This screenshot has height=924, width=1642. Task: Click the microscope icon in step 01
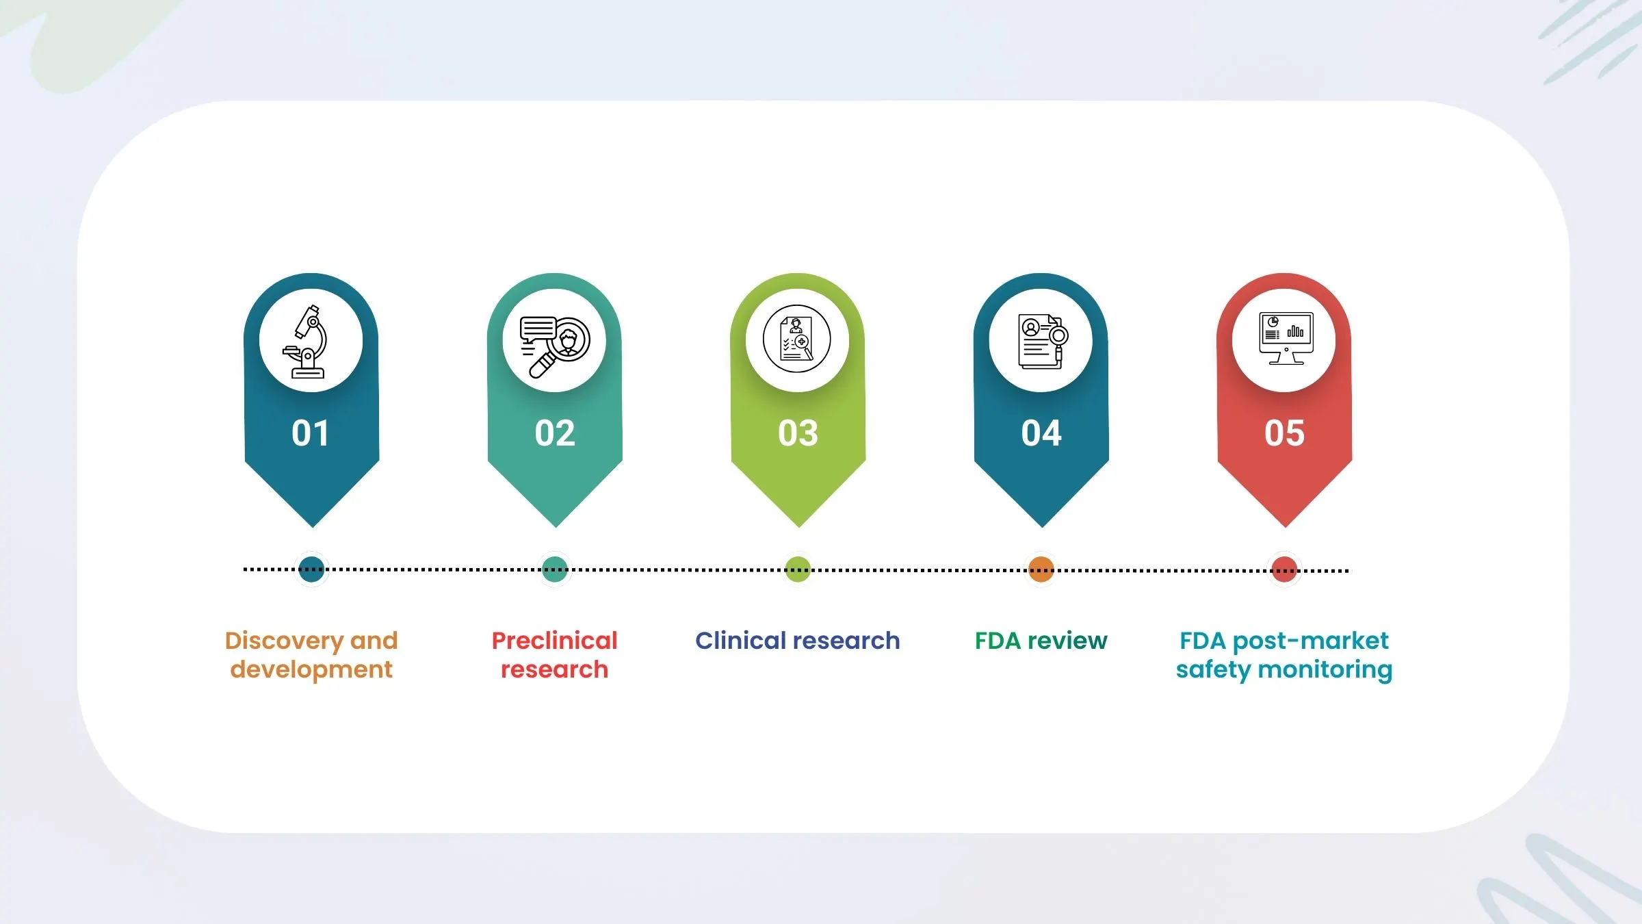click(x=305, y=342)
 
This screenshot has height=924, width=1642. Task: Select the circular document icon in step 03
click(x=797, y=339)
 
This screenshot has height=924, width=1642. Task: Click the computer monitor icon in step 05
click(x=1286, y=338)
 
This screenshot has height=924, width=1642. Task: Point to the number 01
click(x=311, y=433)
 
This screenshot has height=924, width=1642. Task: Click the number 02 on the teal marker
click(x=555, y=433)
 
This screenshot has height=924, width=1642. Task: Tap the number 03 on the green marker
click(x=798, y=433)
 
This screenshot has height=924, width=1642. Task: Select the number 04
click(x=1041, y=433)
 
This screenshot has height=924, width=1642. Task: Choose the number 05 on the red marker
click(x=1285, y=433)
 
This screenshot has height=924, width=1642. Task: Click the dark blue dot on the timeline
click(x=312, y=569)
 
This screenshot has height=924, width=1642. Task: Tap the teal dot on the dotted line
click(x=555, y=569)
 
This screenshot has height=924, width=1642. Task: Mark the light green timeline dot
click(x=798, y=569)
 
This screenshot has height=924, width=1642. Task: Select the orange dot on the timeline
click(x=1041, y=569)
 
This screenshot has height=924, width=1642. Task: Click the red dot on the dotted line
click(x=1284, y=570)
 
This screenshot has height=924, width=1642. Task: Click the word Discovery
click(x=284, y=642)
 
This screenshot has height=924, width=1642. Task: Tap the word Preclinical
click(x=555, y=641)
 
